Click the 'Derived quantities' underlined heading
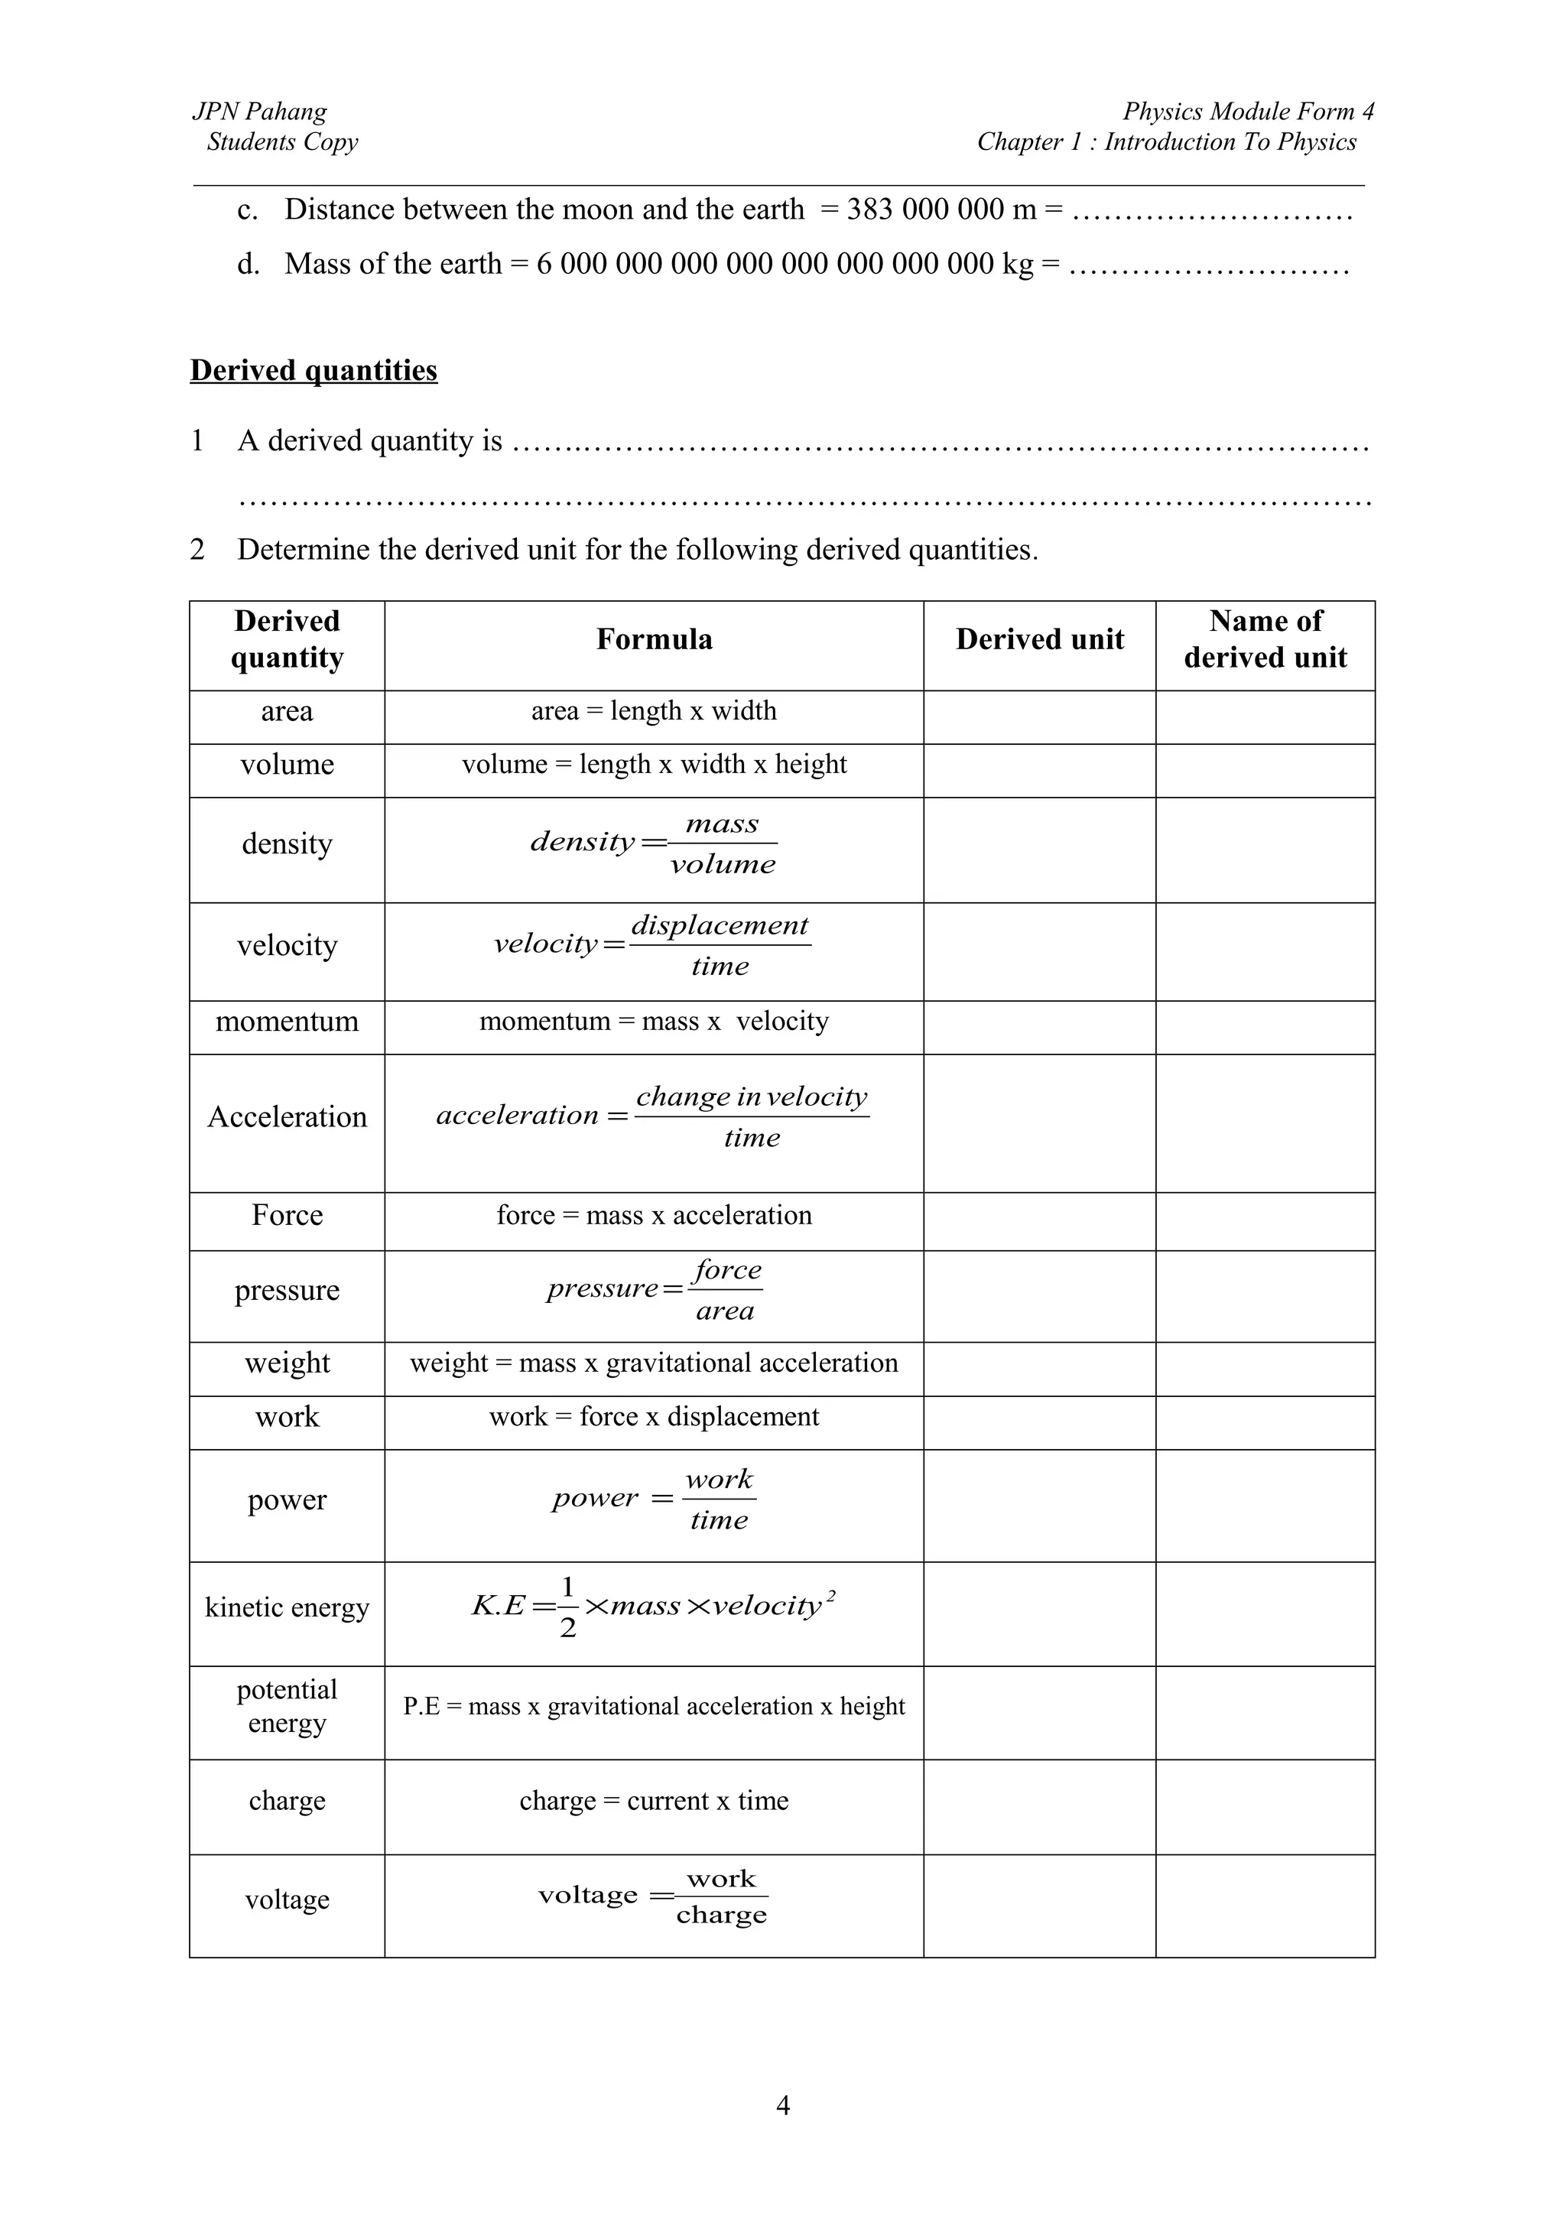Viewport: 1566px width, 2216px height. pos(314,371)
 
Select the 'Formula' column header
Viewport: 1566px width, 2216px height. pos(655,640)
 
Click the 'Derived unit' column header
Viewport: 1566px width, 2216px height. pos(1039,640)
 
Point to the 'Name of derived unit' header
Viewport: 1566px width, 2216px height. pos(1265,640)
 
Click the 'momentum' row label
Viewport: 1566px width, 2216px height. pos(287,1021)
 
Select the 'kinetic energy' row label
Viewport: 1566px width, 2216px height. pos(287,1607)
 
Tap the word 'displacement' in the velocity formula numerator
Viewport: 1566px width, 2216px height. pos(720,924)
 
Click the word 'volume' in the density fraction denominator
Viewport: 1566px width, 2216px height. pos(723,864)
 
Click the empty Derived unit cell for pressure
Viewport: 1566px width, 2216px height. pos(1039,1296)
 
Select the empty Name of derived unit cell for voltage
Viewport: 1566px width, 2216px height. pos(1265,1906)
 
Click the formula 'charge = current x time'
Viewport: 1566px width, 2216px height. pos(655,1801)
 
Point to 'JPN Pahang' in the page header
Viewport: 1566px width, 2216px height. pos(259,112)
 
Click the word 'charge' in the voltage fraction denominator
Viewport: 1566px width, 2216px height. pos(722,1915)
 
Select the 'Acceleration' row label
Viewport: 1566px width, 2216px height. pos(287,1116)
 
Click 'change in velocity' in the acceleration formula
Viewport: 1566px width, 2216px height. pos(752,1097)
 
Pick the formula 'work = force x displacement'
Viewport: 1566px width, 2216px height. pos(655,1417)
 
